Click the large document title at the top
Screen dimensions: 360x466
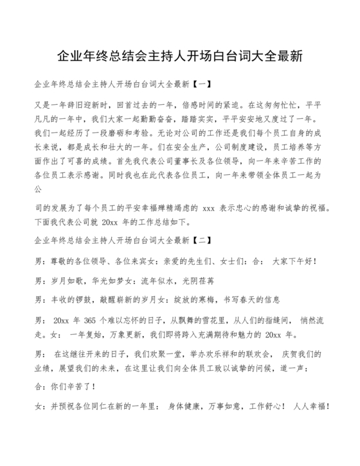180,57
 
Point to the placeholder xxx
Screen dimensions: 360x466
209,210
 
